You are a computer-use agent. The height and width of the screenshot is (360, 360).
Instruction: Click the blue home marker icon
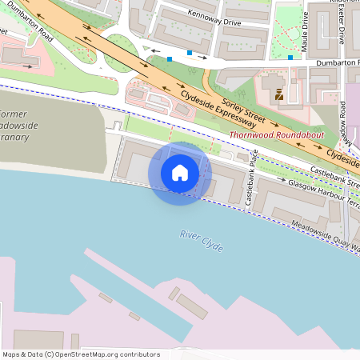[180, 173]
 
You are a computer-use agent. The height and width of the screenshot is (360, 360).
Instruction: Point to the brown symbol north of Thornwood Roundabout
[278, 95]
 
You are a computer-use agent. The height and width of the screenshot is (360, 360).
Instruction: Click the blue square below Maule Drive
[290, 58]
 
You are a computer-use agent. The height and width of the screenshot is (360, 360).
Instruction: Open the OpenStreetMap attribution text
[81, 354]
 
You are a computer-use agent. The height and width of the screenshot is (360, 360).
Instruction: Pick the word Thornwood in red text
[250, 135]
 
